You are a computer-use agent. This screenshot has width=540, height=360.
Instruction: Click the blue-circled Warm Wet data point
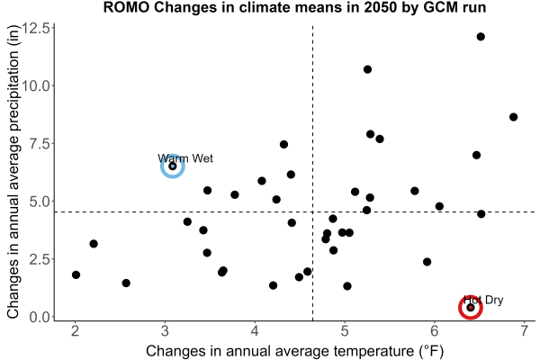click(173, 166)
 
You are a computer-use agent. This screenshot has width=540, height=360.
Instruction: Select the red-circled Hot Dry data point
click(471, 308)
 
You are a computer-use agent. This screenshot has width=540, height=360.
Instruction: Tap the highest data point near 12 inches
click(481, 37)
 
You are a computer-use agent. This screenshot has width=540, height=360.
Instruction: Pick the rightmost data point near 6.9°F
click(514, 117)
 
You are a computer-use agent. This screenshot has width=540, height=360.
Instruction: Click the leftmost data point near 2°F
click(76, 274)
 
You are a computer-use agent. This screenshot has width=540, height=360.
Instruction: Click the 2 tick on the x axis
click(75, 331)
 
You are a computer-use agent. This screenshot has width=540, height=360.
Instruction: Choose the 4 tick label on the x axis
click(255, 331)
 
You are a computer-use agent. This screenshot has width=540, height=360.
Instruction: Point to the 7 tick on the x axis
click(525, 331)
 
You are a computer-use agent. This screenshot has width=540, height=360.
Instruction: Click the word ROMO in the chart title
click(126, 7)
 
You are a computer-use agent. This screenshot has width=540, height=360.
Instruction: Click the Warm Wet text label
click(185, 158)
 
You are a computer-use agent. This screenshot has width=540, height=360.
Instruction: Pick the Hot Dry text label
click(483, 300)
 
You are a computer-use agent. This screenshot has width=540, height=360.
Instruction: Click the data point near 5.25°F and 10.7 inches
click(367, 69)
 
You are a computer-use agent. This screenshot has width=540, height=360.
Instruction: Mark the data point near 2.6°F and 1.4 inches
click(126, 283)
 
